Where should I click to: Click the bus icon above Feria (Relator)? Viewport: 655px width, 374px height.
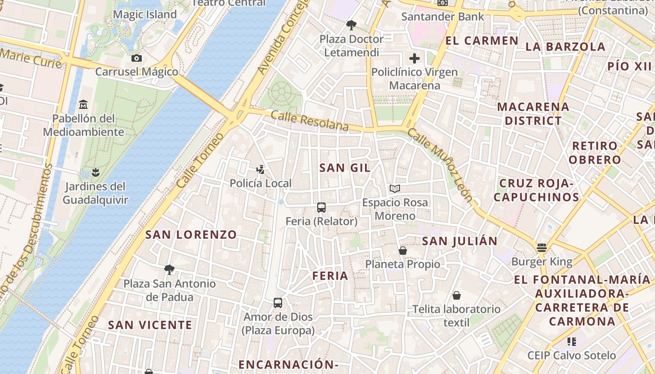[321, 208]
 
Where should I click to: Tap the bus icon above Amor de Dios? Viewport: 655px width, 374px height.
[278, 303]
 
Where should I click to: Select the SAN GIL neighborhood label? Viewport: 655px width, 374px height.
[345, 168]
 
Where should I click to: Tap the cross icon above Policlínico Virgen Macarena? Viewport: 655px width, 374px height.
[414, 58]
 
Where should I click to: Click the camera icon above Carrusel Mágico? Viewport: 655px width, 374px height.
[137, 58]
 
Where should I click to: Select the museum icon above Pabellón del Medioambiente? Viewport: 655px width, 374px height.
[83, 104]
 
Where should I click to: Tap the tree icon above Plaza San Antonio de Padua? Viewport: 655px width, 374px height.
[169, 269]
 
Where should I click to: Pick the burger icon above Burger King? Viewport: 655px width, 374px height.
[542, 248]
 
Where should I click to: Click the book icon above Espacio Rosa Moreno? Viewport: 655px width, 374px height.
[395, 189]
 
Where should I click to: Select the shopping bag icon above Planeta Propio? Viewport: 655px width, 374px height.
[403, 251]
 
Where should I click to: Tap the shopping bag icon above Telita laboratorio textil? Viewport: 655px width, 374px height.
[457, 295]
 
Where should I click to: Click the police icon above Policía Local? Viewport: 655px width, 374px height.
[261, 169]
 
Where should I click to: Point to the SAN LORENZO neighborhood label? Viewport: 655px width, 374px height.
[191, 235]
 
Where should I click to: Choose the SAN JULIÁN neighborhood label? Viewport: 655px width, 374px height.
[459, 241]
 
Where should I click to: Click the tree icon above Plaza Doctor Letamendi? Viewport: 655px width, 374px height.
[351, 25]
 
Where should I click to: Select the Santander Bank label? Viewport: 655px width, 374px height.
[443, 17]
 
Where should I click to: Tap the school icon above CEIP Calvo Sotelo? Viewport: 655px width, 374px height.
[571, 342]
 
